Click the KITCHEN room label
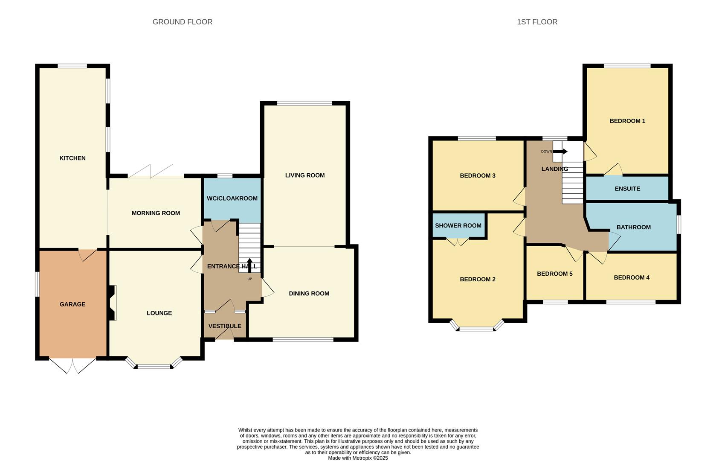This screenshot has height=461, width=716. [72, 158]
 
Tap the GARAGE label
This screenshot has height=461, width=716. [72, 304]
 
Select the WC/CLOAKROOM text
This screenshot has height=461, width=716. [232, 198]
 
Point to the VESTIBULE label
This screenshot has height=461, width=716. [225, 326]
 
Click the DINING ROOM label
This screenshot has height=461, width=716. [309, 294]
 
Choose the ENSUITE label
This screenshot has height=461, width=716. [627, 189]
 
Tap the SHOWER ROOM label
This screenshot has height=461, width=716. [458, 225]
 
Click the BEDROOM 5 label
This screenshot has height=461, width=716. [554, 274]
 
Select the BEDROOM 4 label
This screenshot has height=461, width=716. [632, 277]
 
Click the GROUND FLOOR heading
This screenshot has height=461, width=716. [182, 22]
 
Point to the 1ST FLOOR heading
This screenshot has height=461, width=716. [537, 22]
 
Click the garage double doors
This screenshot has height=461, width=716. [72, 365]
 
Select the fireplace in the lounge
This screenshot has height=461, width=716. [112, 303]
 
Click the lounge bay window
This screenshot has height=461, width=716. [154, 365]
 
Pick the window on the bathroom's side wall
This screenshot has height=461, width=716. [678, 225]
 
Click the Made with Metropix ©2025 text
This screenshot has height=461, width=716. [358, 458]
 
